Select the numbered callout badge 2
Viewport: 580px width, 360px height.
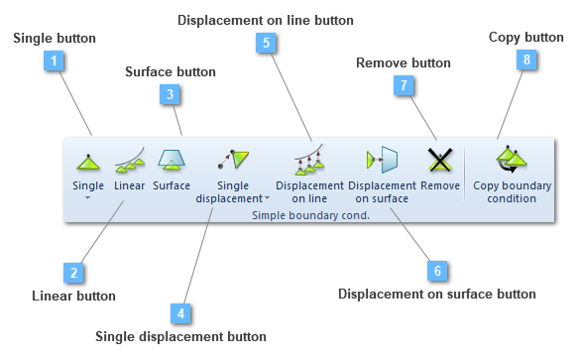[72, 272]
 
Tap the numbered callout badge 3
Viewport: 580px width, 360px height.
[171, 94]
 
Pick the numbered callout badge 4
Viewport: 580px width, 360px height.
[180, 312]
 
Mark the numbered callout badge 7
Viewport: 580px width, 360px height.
[404, 86]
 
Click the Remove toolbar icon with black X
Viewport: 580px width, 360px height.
[439, 159]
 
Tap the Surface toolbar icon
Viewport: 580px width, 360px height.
[173, 159]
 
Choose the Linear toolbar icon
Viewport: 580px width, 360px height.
[130, 159]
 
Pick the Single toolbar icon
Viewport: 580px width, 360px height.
[87, 159]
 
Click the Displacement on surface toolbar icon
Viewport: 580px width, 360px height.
[382, 159]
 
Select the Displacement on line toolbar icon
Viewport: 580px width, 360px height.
[309, 159]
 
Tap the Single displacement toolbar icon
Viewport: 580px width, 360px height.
[234, 159]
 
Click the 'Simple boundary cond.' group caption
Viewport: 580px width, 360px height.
[310, 214]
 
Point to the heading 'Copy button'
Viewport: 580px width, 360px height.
[525, 37]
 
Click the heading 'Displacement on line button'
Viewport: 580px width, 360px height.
[265, 19]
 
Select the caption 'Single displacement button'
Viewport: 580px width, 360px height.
[180, 337]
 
